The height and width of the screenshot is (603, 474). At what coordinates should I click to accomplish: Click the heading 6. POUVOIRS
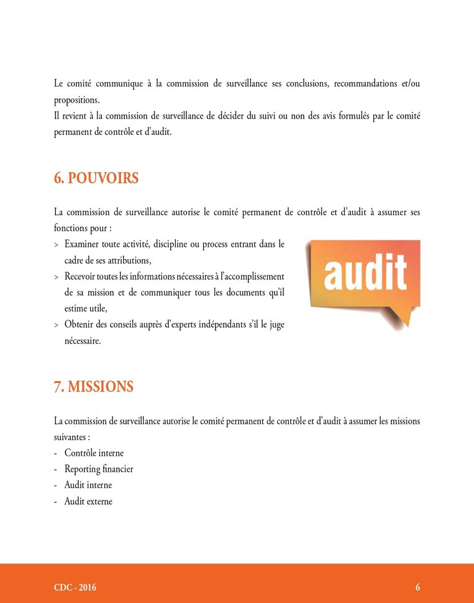(x=96, y=178)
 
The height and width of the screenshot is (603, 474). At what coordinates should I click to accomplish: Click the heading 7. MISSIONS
(x=94, y=387)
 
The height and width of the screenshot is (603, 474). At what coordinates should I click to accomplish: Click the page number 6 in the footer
(x=418, y=587)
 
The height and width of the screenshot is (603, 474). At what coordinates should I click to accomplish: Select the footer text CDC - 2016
(x=75, y=587)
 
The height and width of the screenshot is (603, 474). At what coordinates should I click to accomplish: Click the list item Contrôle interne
(x=94, y=453)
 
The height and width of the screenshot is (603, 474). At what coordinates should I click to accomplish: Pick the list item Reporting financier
(x=99, y=469)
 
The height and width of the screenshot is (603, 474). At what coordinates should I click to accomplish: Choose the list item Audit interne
(x=88, y=485)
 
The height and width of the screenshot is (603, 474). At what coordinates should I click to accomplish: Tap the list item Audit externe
(x=88, y=501)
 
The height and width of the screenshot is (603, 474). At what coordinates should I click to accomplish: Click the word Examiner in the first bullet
(x=81, y=244)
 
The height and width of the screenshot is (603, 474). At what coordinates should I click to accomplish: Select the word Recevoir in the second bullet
(x=81, y=276)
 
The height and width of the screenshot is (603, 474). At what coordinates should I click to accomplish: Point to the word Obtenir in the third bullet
(x=80, y=325)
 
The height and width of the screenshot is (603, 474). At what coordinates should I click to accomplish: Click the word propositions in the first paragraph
(x=76, y=99)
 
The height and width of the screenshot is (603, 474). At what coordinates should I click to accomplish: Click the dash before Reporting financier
(x=57, y=469)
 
